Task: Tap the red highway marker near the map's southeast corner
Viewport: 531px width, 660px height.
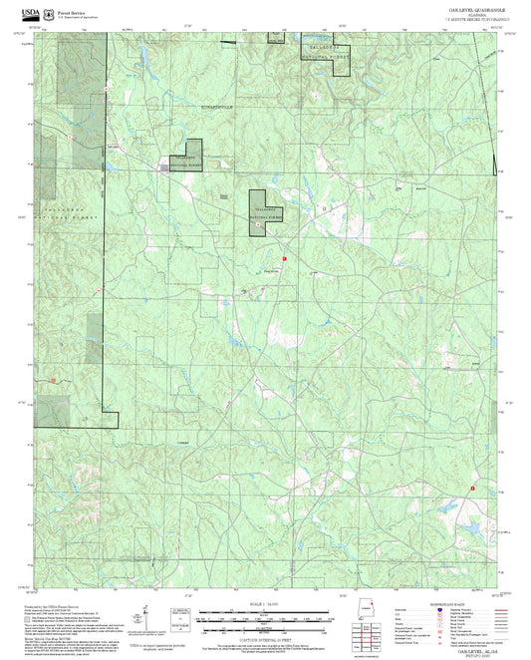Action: coord(471,489)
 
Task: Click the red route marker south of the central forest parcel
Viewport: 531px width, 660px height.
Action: coord(285,258)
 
